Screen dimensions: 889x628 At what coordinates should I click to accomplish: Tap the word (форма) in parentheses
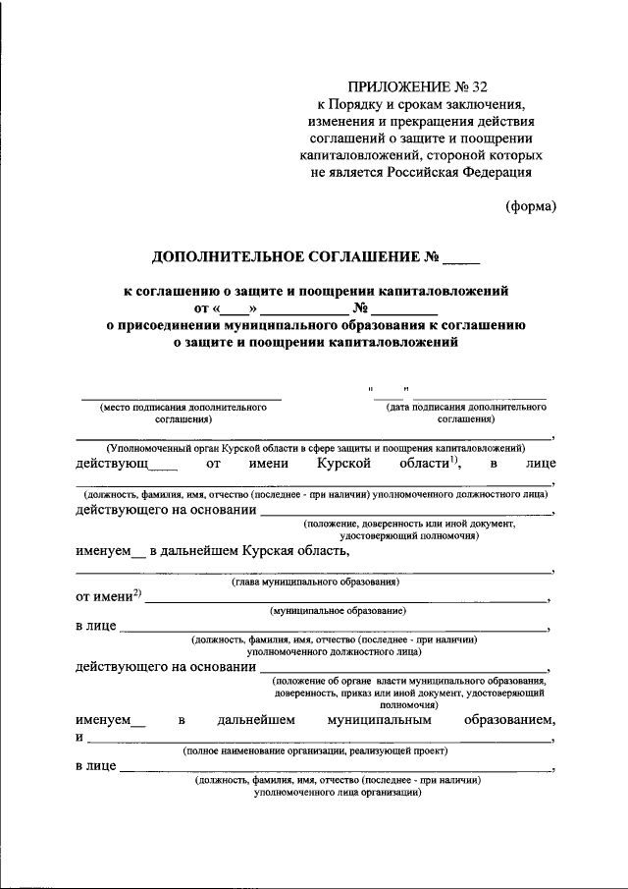click(531, 206)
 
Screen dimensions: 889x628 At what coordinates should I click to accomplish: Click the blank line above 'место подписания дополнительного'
click(182, 398)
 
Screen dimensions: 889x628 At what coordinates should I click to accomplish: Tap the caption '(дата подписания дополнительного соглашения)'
click(466, 412)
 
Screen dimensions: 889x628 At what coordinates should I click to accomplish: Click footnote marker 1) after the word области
click(454, 459)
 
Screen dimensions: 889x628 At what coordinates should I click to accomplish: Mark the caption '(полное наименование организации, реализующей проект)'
click(315, 750)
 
